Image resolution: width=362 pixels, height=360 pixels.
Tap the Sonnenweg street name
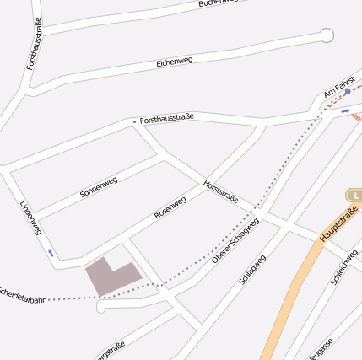pyautogui.click(x=98, y=187)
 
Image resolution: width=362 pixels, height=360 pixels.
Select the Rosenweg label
pyautogui.click(x=170, y=207)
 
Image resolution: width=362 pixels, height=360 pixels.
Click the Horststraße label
pyautogui.click(x=221, y=191)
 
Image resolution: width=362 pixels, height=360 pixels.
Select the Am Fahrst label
pyautogui.click(x=338, y=87)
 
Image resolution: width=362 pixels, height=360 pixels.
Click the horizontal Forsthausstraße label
pyautogui.click(x=167, y=118)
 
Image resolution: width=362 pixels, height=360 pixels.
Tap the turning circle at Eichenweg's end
pyautogui.click(x=327, y=35)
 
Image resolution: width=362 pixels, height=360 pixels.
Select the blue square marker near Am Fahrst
pyautogui.click(x=348, y=92)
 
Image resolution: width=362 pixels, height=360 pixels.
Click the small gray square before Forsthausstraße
pyautogui.click(x=133, y=121)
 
